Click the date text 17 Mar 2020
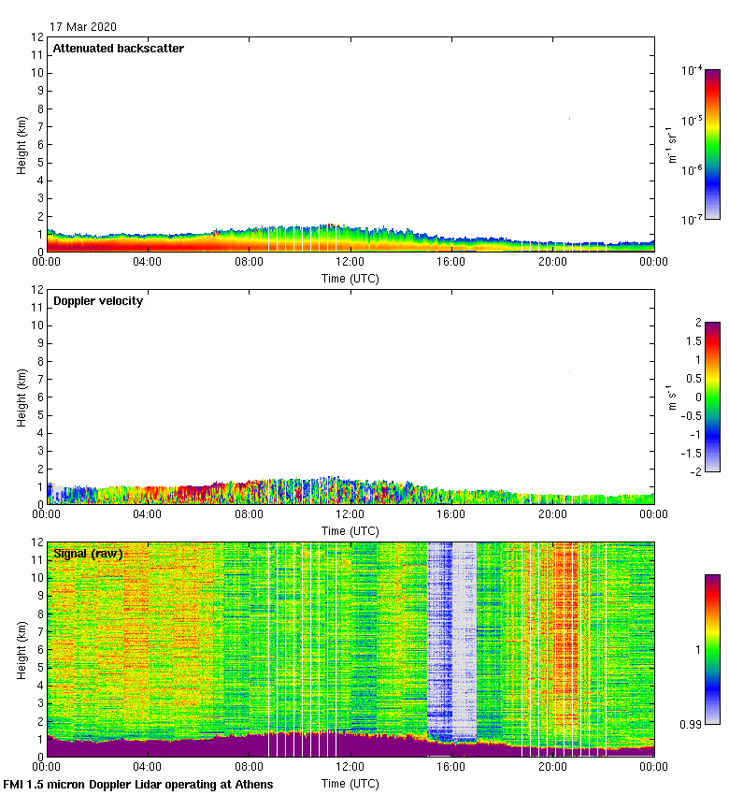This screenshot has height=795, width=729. click(x=83, y=27)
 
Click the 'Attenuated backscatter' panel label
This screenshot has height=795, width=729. click(x=118, y=49)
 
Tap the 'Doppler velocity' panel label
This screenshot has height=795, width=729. click(x=98, y=300)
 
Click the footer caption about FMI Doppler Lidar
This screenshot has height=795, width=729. click(x=138, y=784)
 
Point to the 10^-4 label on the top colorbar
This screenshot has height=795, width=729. click(x=693, y=71)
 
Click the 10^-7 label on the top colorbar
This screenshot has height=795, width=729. click(x=693, y=220)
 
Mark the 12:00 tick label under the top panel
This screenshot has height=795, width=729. click(x=350, y=264)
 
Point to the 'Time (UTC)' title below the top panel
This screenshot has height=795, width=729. click(x=350, y=279)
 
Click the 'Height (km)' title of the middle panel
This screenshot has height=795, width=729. click(x=21, y=397)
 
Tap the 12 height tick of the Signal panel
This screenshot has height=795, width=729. click(x=38, y=542)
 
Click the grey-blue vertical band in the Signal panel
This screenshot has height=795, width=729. click(x=451, y=636)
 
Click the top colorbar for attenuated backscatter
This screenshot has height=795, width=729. click(x=712, y=144)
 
